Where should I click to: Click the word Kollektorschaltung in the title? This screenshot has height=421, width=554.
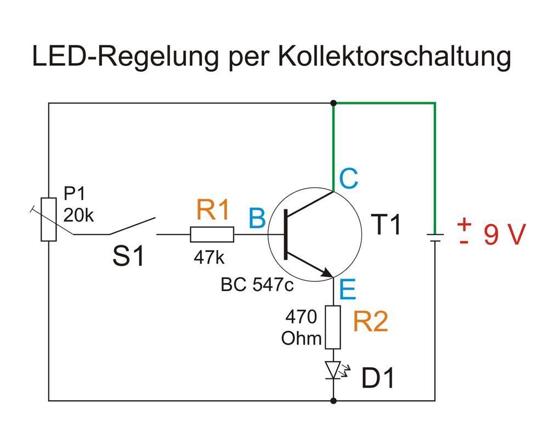pos(394,56)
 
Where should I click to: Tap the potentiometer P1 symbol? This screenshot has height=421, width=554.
pos(49,219)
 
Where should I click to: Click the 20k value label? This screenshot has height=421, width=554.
pos(78,215)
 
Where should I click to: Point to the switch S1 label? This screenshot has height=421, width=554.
pos(129,256)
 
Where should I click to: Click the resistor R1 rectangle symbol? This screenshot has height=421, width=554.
pos(212,235)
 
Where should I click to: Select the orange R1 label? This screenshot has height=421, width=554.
pos(213,210)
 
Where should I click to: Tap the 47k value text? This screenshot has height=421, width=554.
pos(208,258)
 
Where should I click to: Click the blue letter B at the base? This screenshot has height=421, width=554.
pos(257,219)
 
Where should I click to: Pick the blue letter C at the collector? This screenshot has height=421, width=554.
pos(349,179)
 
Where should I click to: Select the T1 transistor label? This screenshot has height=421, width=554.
pos(386,225)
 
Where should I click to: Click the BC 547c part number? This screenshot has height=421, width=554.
pos(257,285)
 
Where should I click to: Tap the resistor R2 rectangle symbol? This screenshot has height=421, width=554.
pos(333,328)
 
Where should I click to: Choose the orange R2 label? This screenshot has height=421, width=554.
pos(371,321)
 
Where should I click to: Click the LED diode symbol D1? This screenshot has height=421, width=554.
pos(333,371)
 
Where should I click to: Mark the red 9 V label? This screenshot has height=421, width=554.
pos(505,235)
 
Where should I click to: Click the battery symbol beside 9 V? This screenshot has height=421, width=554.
pos(435,237)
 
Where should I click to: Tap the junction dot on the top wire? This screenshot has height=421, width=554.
pos(333,103)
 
